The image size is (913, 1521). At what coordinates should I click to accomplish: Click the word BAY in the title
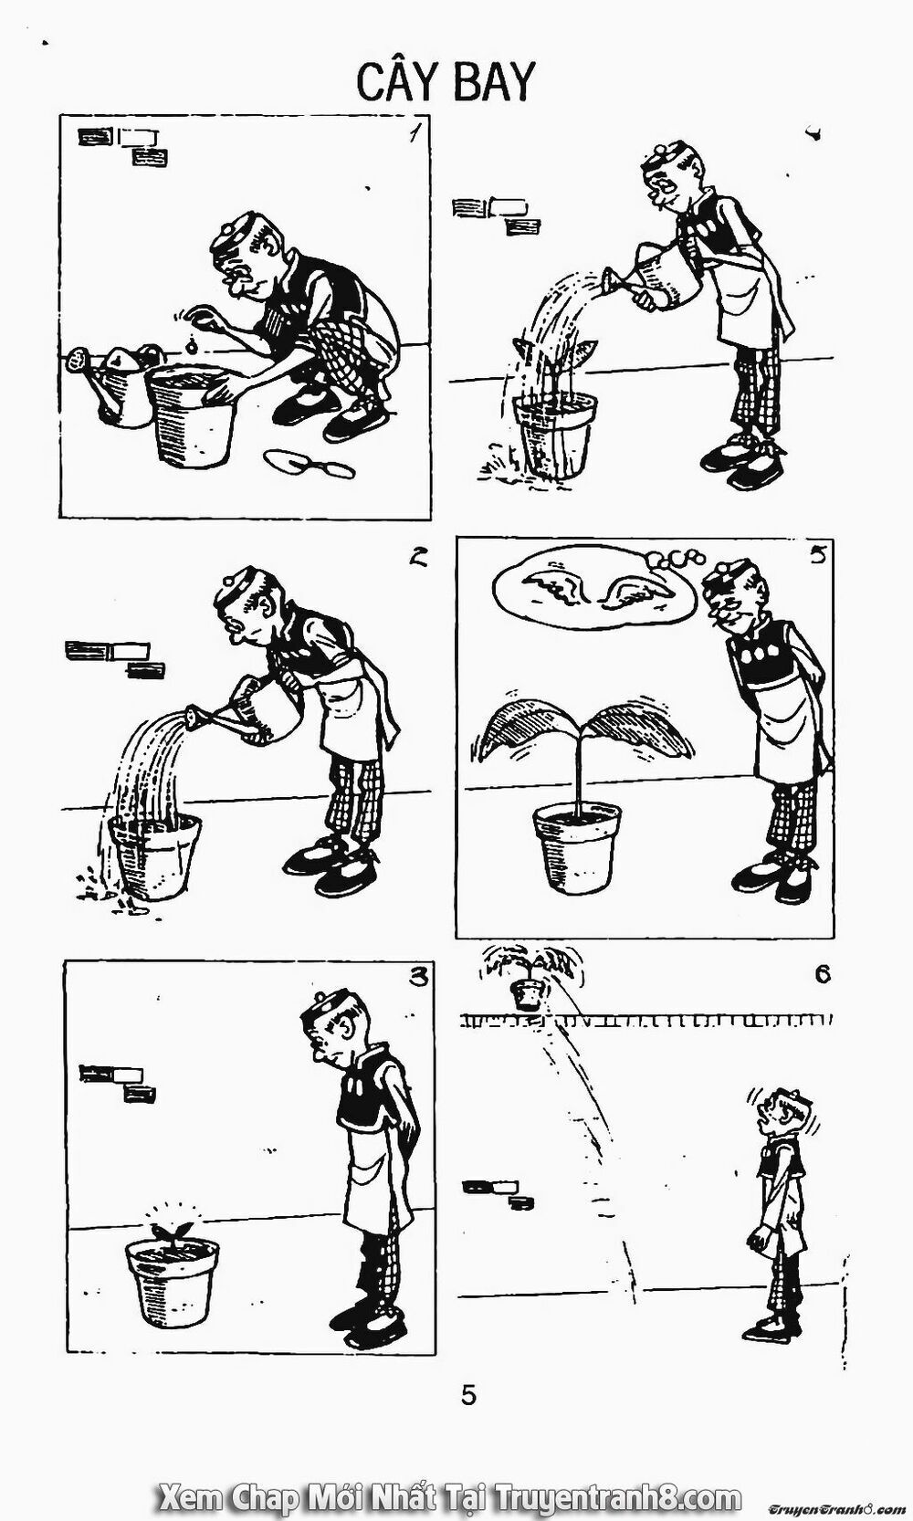coord(496,82)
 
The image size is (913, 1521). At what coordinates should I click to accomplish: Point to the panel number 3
coord(418,977)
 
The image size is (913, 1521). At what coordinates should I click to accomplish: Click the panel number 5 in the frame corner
coord(818,554)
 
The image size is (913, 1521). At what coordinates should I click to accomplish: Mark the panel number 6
coord(822,975)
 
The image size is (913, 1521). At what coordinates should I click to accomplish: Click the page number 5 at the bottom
coord(468,1395)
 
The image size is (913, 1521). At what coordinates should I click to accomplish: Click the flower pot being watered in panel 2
coord(154,857)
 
